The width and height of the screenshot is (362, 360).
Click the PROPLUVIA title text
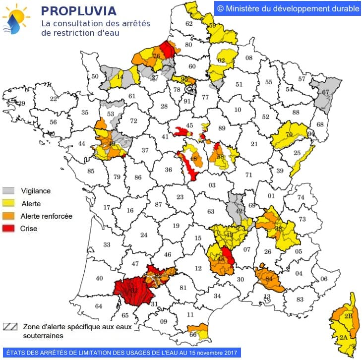[x=79, y=11]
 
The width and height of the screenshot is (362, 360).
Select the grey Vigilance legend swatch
[x=9, y=190]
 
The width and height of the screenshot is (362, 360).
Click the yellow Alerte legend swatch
[x=9, y=203]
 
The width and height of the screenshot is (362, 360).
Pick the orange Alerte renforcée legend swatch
[x=9, y=216]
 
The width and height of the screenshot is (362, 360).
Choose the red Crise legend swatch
[x=9, y=229]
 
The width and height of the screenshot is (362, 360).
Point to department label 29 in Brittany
[x=21, y=103]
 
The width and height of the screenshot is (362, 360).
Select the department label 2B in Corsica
[x=348, y=315]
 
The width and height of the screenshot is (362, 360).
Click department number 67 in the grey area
[x=325, y=92]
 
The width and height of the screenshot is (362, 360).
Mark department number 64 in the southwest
[x=99, y=306]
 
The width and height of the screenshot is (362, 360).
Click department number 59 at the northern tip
[x=212, y=26]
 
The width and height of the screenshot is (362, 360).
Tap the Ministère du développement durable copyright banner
[x=288, y=8]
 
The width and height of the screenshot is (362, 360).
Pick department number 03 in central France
[x=212, y=185]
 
